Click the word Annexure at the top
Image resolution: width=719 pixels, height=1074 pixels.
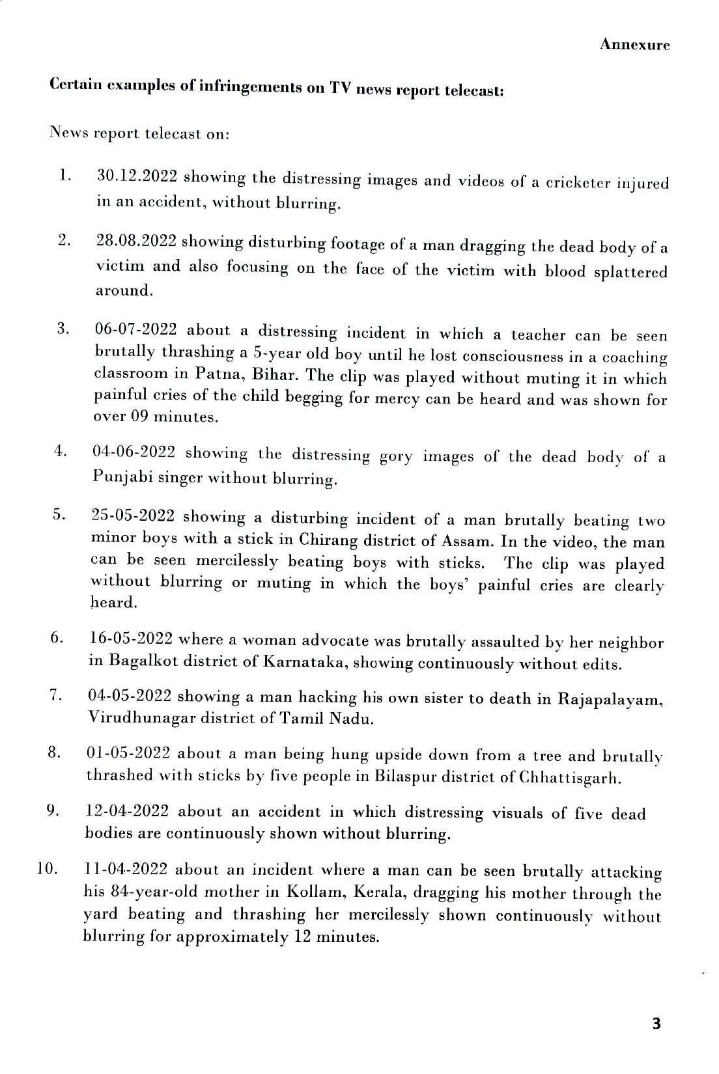pyautogui.click(x=634, y=44)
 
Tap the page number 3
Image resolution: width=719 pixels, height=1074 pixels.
pyautogui.click(x=656, y=1024)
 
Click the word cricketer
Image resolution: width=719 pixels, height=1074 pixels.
pyautogui.click(x=576, y=183)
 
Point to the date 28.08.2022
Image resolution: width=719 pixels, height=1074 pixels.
pyautogui.click(x=136, y=241)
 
